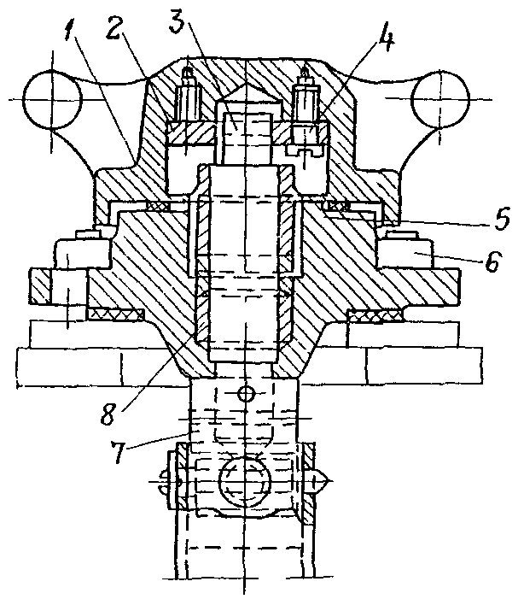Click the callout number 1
pos(71,26)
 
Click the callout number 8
pos(108,413)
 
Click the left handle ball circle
pos(52,100)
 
